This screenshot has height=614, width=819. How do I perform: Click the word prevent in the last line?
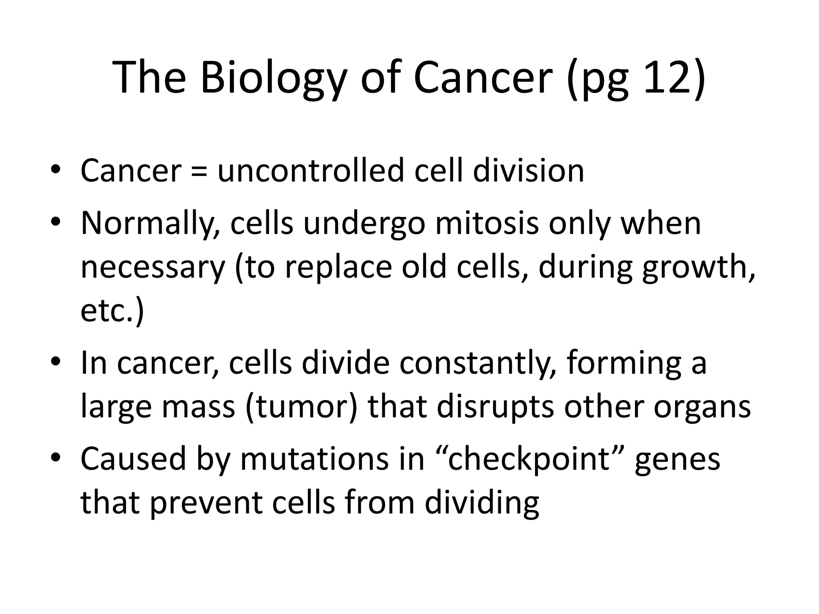click(x=206, y=502)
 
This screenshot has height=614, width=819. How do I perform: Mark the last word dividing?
click(x=482, y=503)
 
